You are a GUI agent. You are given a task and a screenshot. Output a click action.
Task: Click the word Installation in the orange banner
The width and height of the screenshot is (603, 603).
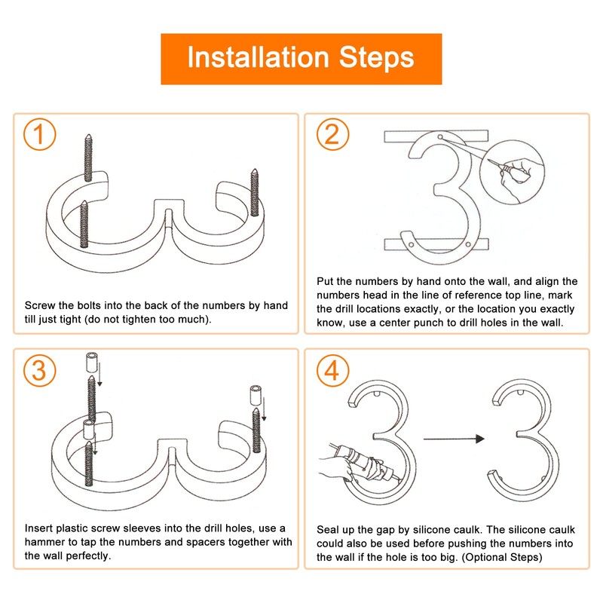coord(258,57)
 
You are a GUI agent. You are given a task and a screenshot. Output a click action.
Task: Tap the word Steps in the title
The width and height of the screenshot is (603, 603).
coord(376,58)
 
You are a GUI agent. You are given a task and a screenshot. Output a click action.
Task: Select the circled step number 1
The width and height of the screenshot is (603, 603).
coord(40,134)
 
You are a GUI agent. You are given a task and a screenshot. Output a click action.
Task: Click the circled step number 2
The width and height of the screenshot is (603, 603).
coord(333,134)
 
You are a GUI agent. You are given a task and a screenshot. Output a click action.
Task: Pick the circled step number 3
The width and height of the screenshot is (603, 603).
coord(40,370)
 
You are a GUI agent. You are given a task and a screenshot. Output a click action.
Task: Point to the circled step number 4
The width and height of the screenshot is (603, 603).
coord(333,370)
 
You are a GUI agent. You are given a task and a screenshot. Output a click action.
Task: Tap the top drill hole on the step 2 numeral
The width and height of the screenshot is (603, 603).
coord(440,137)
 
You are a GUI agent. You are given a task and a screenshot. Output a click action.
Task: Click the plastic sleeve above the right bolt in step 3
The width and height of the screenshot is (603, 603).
coord(256,396)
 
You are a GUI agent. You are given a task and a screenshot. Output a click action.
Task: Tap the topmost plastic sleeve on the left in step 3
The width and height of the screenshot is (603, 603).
coord(91,362)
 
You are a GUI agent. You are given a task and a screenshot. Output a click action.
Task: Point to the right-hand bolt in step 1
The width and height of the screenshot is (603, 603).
coord(254,193)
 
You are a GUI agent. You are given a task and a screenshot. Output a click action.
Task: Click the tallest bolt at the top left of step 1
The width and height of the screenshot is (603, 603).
coord(88,158)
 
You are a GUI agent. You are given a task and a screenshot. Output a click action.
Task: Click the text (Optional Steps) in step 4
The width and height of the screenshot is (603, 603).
coord(501,557)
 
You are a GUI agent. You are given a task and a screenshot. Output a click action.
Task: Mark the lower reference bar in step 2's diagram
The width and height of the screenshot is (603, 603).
coord(436,243)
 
